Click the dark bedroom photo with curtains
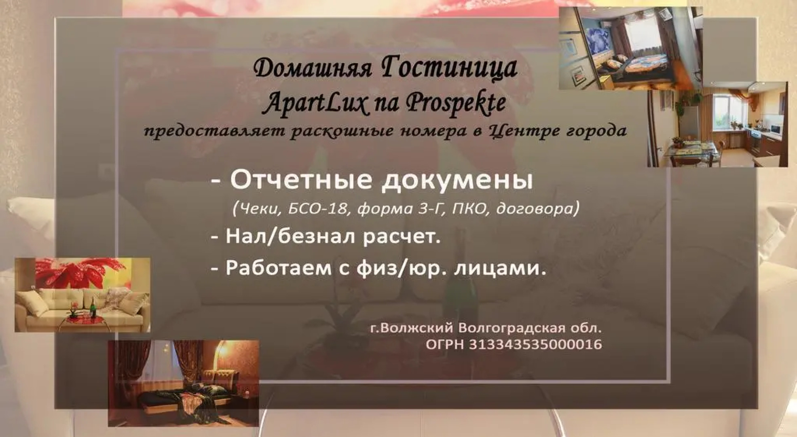click(183, 383)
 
